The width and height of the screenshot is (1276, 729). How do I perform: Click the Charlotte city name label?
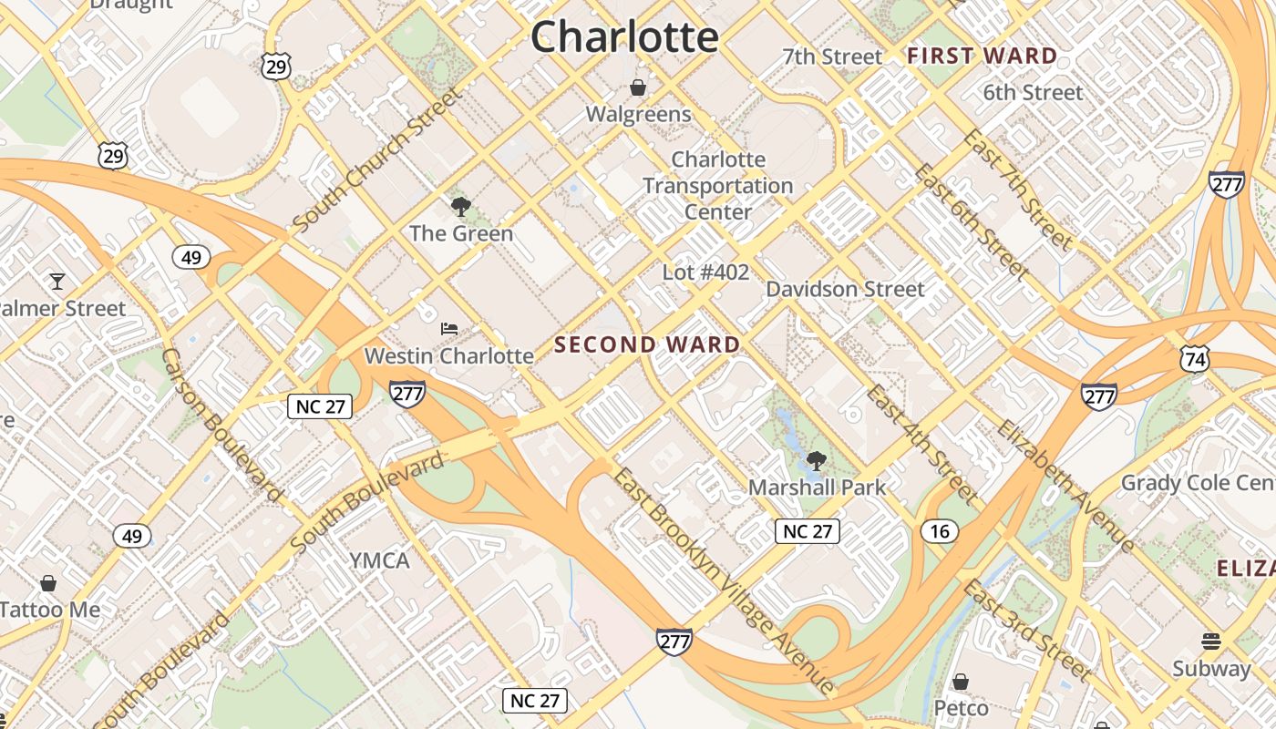(624, 37)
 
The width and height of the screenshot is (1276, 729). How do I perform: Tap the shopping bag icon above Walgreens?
(638, 87)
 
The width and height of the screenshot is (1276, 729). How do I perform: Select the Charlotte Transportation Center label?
(717, 186)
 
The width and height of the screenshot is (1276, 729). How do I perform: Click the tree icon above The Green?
(461, 206)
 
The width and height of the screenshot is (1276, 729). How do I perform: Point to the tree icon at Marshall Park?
(817, 460)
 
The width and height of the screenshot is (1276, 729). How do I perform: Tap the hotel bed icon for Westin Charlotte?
(448, 329)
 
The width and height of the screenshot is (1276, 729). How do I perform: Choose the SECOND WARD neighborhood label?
(647, 344)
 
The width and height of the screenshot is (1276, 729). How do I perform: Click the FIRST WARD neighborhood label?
(982, 56)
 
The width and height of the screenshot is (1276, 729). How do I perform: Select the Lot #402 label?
(705, 272)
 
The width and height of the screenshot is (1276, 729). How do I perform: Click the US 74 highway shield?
(1194, 358)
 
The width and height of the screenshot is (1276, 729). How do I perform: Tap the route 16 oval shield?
(940, 531)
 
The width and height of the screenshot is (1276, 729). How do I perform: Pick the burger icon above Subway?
(1211, 642)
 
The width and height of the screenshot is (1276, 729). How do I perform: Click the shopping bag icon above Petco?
(960, 682)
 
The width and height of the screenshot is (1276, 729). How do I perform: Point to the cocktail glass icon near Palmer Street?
(57, 281)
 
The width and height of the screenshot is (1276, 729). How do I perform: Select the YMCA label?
(379, 560)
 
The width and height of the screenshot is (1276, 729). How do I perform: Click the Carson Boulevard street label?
(221, 425)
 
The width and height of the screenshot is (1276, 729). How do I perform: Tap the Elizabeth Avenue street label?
(1065, 487)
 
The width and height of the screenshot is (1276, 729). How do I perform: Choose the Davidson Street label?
(845, 289)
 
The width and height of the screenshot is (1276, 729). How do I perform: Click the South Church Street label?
(377, 160)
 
